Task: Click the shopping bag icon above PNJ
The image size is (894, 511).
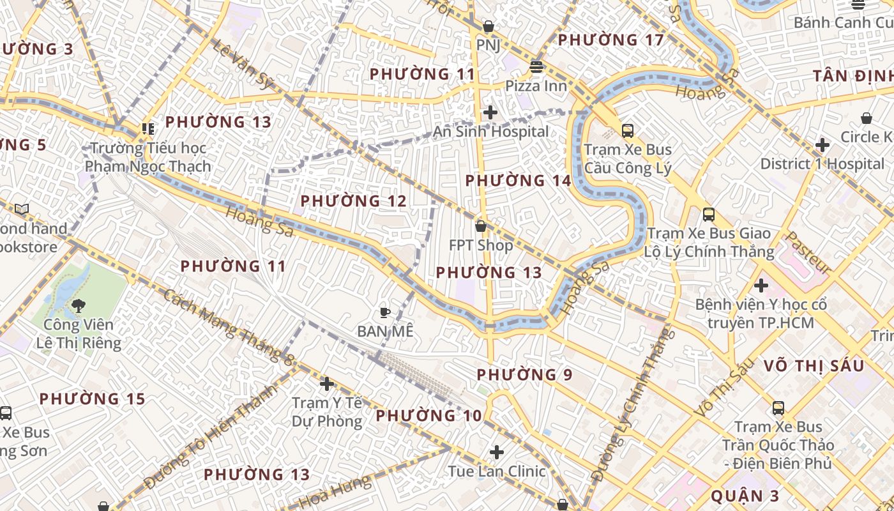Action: [x=489, y=26]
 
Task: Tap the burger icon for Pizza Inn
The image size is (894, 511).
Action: [x=536, y=67]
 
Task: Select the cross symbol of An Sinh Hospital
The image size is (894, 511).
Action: [x=490, y=113]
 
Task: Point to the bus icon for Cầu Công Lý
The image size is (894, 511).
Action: [x=628, y=131]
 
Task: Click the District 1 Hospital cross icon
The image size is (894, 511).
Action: [x=822, y=145]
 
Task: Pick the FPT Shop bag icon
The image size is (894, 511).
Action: [x=481, y=226]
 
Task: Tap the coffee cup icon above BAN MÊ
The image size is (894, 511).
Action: [x=385, y=312]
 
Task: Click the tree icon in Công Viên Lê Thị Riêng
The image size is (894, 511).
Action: [x=79, y=306]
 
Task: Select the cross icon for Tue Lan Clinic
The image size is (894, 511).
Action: [x=497, y=452]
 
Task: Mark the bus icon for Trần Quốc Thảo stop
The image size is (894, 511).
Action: [x=778, y=408]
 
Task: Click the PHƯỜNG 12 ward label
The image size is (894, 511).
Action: [x=353, y=201]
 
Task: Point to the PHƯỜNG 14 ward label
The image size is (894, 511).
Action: [x=518, y=181]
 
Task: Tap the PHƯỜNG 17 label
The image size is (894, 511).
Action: [x=611, y=40]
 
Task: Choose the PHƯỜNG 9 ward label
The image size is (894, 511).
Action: [x=524, y=374]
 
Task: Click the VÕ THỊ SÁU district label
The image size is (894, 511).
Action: [x=814, y=366]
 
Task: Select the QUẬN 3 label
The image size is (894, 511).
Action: [x=745, y=496]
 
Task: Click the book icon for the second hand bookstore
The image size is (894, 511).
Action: [x=22, y=209]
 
